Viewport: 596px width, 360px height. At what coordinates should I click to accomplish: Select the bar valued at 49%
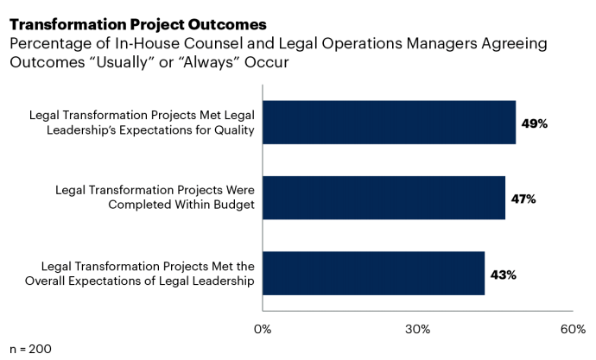point(389,123)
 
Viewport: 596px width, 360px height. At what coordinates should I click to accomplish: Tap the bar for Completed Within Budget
point(384,198)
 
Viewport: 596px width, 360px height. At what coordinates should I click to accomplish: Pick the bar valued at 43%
point(373,274)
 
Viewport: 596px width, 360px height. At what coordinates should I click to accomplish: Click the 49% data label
point(534,123)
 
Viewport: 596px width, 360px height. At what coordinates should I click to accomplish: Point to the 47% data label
point(523,199)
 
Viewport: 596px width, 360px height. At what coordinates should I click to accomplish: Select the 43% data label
point(503,275)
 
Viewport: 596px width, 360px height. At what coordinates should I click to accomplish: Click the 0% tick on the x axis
point(263,329)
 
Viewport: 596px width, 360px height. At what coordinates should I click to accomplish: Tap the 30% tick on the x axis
point(418,329)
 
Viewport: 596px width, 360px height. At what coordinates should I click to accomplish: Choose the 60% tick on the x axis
point(573,329)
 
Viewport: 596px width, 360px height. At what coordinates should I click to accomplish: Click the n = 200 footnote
point(30,349)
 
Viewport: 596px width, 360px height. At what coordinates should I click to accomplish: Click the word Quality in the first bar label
point(234,130)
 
